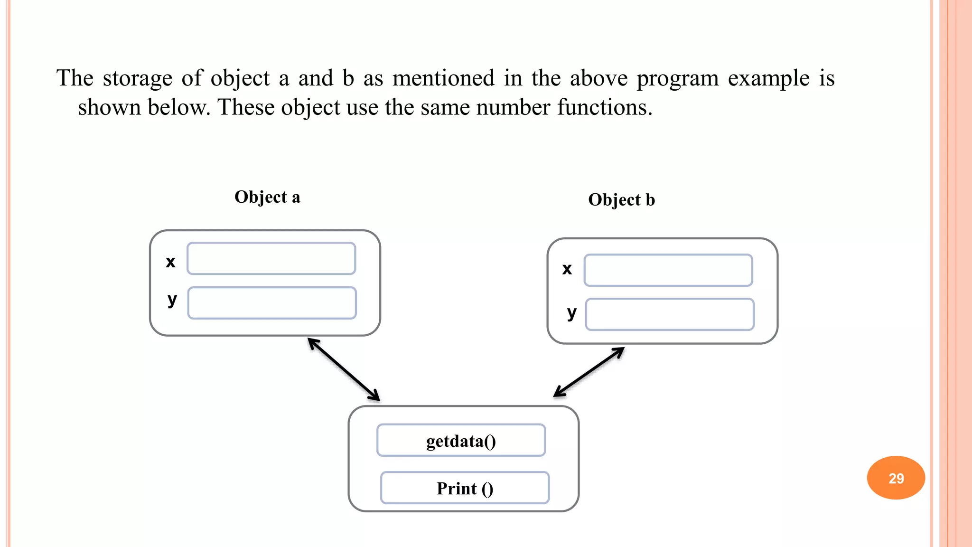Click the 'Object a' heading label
coord(267,197)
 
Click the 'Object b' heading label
coord(621,200)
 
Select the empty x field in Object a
coord(271,259)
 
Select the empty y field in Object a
coord(272,303)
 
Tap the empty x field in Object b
coord(668,270)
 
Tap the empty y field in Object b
coord(670,314)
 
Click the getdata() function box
coord(461,441)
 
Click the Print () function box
coord(465,488)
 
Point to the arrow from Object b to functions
coord(589,372)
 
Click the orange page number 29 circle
coord(896,478)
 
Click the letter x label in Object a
coord(170,262)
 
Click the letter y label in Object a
coord(172,300)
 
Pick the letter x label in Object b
coord(567,269)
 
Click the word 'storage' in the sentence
coord(137,78)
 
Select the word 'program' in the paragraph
coord(677,78)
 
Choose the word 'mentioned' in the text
coord(443,78)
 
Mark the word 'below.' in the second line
coord(178,107)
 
